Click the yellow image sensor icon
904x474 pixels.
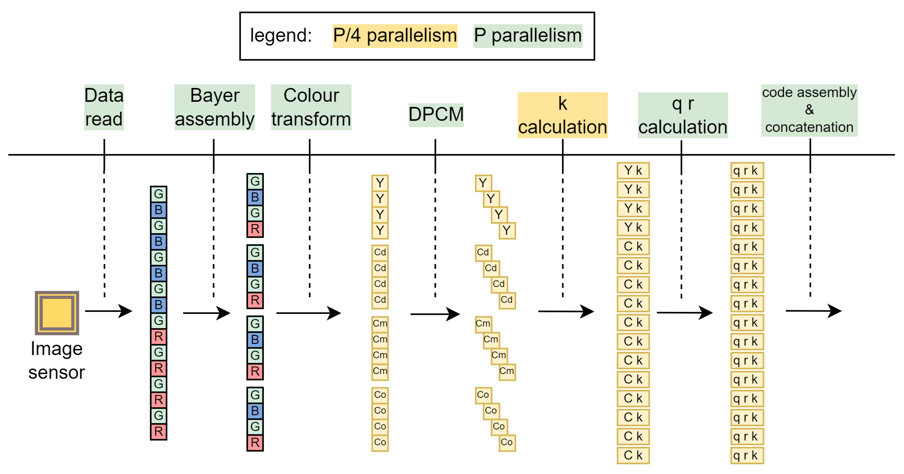(57, 313)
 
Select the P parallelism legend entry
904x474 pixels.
(528, 36)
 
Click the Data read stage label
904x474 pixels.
(104, 107)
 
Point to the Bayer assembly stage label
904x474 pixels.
(214, 107)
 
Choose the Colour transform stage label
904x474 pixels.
(311, 107)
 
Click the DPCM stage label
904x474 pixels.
(436, 115)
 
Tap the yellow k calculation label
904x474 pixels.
(562, 115)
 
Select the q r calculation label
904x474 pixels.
(682, 115)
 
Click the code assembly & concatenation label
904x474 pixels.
(809, 110)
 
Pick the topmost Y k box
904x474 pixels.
(633, 171)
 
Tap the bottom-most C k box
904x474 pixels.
(633, 455)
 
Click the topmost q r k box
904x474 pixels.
(747, 171)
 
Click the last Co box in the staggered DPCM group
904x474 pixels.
(507, 442)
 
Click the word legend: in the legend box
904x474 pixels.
(281, 36)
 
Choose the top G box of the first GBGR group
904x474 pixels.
(255, 182)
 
